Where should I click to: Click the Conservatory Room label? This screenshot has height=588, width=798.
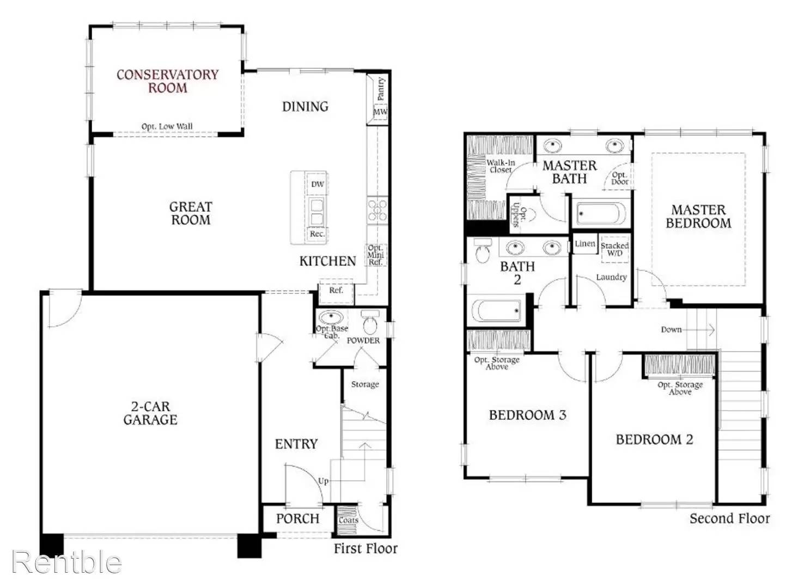(167, 81)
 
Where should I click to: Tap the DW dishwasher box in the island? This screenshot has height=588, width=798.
(317, 184)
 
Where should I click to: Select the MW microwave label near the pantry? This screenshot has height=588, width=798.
(380, 112)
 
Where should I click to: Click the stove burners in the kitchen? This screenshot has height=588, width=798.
(377, 210)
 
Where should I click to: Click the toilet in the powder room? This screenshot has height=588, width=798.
(370, 323)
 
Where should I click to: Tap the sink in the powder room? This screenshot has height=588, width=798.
(331, 317)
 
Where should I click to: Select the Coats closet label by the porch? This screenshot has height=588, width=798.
(348, 520)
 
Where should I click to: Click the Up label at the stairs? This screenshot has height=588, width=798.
(324, 481)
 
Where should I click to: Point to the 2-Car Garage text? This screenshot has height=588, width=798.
(150, 413)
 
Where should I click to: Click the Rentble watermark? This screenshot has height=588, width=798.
(66, 561)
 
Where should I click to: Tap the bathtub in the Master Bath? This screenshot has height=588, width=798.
(601, 214)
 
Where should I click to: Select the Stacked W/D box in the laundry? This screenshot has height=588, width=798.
(614, 249)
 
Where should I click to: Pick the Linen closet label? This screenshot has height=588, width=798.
(584, 244)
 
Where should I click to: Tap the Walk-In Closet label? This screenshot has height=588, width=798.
(500, 166)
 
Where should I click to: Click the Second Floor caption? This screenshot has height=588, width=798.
(729, 518)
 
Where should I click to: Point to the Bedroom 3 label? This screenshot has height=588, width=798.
(527, 415)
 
